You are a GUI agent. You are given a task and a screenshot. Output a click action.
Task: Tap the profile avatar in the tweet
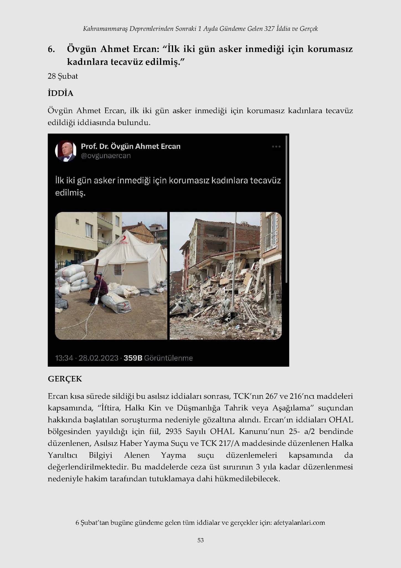coord(66,151)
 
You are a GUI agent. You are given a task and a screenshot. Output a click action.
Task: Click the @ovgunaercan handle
coord(106,156)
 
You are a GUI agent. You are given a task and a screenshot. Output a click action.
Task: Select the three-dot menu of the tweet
coord(276,147)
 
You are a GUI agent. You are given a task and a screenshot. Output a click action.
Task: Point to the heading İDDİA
coord(60,93)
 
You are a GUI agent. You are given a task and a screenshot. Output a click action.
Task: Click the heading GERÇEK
coord(65,379)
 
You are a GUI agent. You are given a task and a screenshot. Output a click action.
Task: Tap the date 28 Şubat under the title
coord(63,76)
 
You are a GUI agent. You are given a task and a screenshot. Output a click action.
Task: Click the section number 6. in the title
coord(51,49)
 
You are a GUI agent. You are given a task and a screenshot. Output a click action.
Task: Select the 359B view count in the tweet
coord(133,358)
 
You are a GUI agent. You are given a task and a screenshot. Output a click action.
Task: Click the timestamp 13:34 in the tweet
coord(64,358)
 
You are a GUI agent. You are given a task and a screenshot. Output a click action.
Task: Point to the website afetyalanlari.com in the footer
coord(299,523)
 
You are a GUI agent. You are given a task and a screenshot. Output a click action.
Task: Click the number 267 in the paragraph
coord(271,396)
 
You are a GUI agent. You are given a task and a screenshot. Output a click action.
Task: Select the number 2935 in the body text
coord(174,432)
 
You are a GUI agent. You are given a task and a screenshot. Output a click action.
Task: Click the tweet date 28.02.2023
coord(98,358)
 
